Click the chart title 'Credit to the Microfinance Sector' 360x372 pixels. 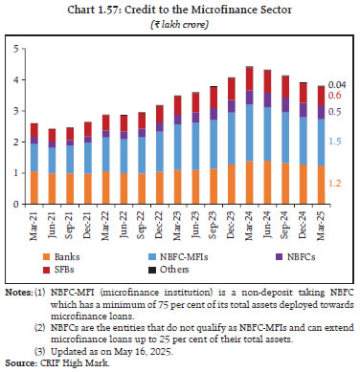tap(180, 8)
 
